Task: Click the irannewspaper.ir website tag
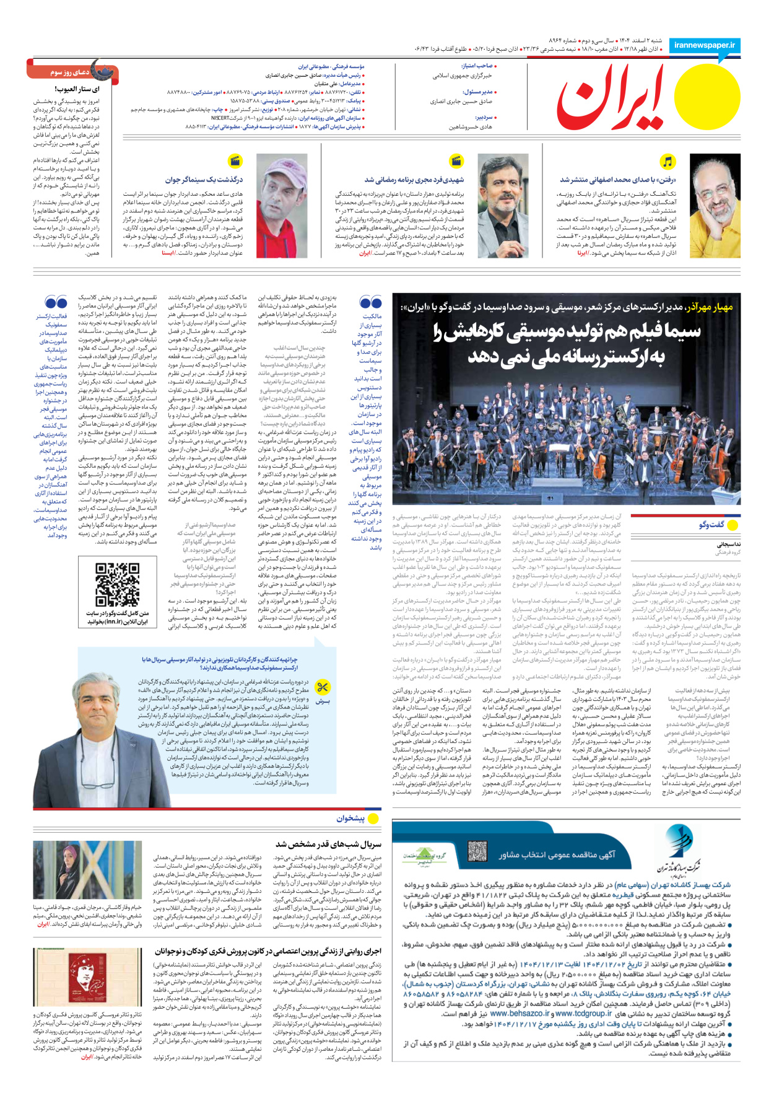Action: point(705,45)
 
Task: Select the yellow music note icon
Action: point(667,162)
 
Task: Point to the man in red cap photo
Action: point(282,206)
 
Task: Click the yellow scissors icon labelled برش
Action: point(323,687)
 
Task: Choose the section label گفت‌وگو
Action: point(711,525)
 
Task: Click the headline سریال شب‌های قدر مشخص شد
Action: point(328,844)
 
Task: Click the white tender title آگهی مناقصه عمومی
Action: point(557,854)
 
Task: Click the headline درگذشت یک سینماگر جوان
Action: point(204,180)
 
